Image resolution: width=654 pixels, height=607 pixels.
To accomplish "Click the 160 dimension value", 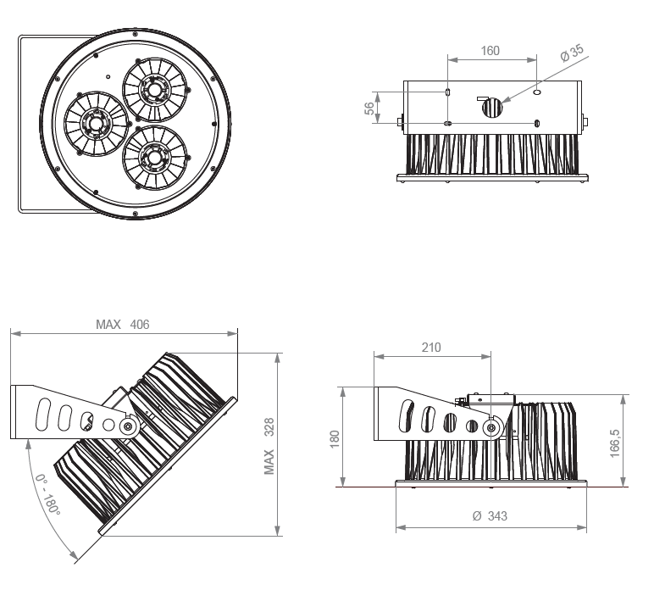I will click(490, 51).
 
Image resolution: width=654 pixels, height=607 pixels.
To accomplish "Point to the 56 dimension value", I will click(369, 107).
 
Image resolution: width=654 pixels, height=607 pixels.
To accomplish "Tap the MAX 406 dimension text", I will click(122, 325).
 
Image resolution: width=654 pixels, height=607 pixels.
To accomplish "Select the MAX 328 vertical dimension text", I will click(270, 445).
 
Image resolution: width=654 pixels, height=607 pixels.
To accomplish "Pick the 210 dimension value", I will click(430, 347).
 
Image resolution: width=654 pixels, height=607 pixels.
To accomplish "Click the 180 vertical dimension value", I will click(335, 439).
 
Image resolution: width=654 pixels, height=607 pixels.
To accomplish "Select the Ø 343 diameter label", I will click(490, 515).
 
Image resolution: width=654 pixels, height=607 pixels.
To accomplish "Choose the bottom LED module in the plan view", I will click(153, 156).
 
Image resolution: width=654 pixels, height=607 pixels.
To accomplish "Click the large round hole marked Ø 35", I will click(492, 108).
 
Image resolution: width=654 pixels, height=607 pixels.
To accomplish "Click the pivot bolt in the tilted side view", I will click(128, 426).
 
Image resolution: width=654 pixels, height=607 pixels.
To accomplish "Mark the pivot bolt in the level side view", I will click(490, 428).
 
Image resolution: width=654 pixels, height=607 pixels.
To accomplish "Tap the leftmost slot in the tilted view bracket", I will click(40, 413).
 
